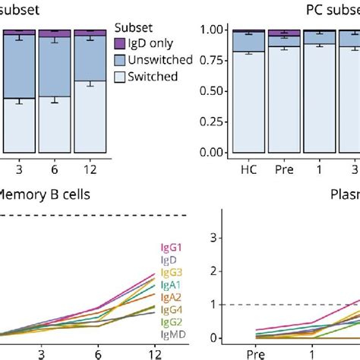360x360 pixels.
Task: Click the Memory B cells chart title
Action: (46, 194)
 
